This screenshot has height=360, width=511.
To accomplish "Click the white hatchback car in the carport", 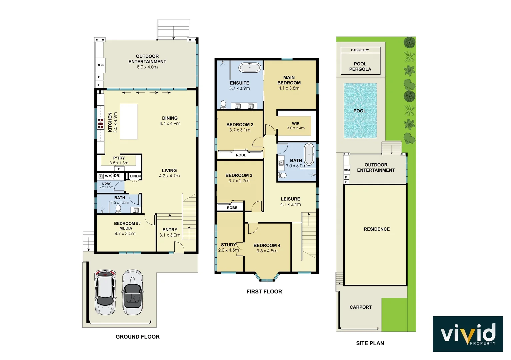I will click(x=105, y=292).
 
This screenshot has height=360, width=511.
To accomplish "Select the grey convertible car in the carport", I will click(x=132, y=292).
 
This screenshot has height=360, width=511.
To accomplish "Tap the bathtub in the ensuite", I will click(x=250, y=68).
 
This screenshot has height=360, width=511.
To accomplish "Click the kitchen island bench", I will click(x=129, y=121).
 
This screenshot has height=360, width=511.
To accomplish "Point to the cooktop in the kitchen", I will click(x=100, y=123).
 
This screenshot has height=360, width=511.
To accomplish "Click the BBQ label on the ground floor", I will click(x=100, y=65).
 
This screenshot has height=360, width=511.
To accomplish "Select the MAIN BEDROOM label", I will click(x=289, y=80).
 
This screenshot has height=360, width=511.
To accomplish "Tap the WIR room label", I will click(x=296, y=123).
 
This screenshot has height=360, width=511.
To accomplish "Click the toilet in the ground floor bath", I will click(x=118, y=209).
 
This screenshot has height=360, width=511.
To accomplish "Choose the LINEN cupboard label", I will click(x=135, y=176).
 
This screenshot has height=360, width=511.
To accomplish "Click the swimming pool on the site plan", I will click(x=360, y=111).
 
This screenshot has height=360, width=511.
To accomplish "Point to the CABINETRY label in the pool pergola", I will click(x=360, y=50).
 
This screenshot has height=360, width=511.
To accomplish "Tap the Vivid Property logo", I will click(x=468, y=334).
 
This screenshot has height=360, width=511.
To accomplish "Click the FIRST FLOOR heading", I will click(x=264, y=292).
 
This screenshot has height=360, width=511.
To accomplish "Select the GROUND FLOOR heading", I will click(x=137, y=337).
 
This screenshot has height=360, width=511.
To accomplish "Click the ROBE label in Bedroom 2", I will click(x=241, y=155).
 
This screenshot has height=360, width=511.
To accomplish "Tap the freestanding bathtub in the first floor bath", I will click(x=309, y=154).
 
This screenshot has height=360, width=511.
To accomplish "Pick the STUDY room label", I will click(x=228, y=245).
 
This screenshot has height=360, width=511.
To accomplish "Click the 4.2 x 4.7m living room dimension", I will click(x=169, y=176).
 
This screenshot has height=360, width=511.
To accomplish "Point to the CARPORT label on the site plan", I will click(x=360, y=307).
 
